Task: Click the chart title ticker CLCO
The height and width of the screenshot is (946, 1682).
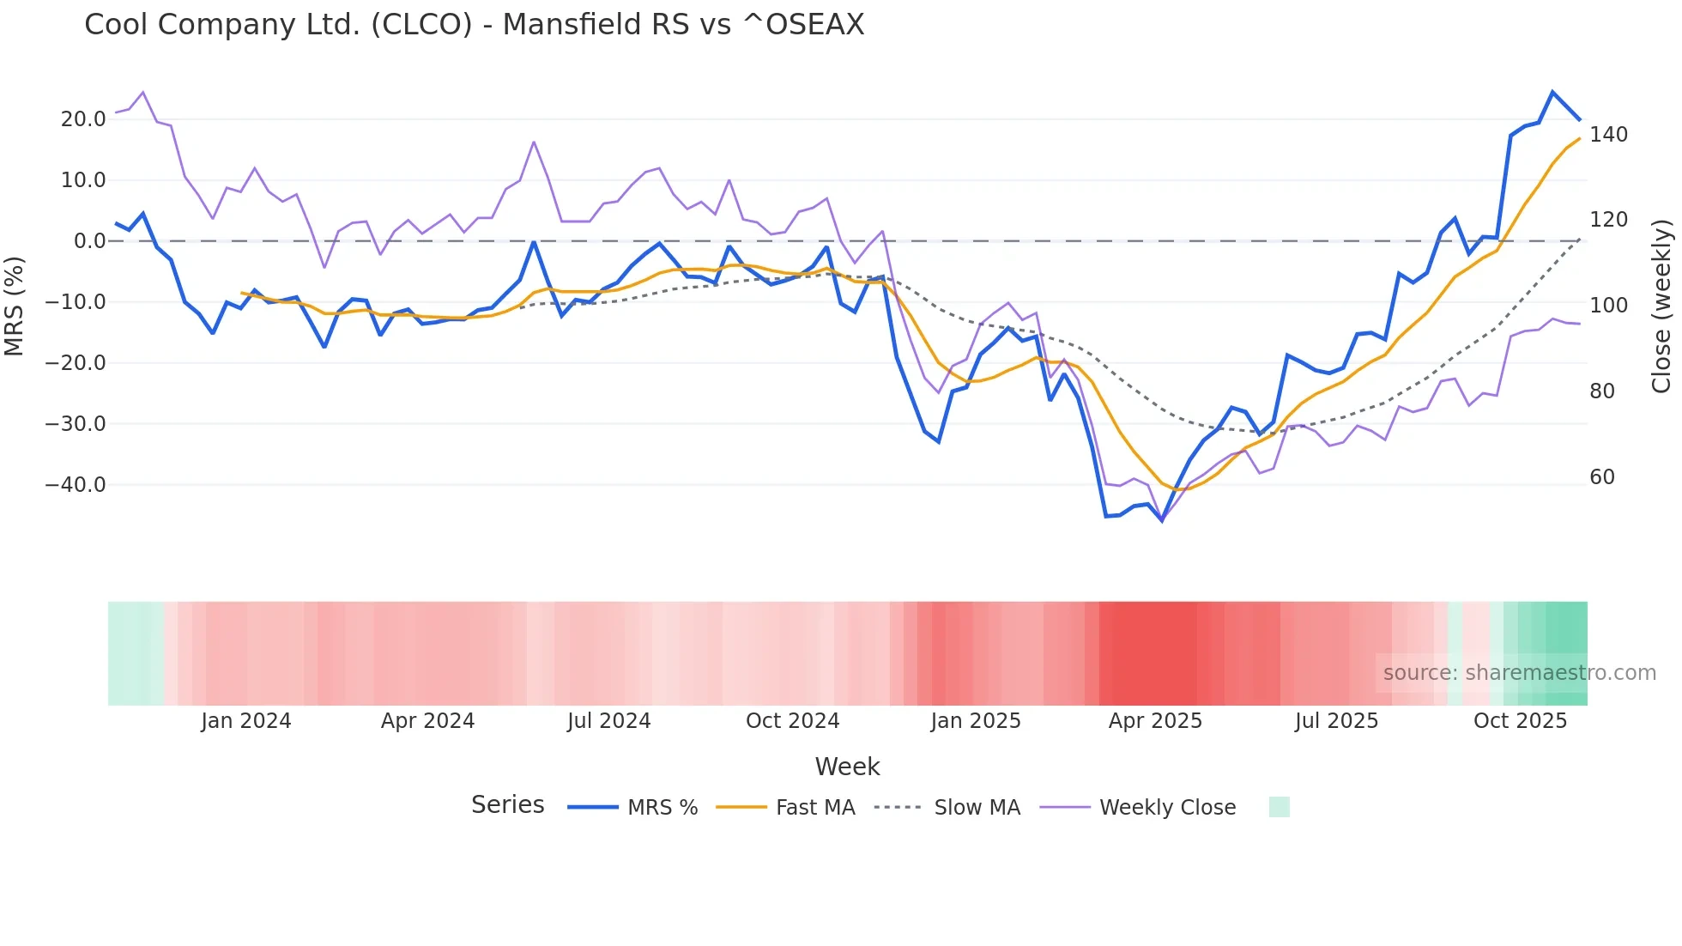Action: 421,25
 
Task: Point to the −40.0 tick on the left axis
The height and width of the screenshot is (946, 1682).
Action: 76,485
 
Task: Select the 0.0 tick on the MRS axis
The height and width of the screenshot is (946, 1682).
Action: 89,241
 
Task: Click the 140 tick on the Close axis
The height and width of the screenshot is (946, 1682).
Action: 1608,135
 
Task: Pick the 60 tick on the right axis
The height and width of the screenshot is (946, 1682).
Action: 1602,477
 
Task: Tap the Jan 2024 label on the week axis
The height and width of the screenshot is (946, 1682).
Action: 246,721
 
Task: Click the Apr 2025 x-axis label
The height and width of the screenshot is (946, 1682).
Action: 1155,721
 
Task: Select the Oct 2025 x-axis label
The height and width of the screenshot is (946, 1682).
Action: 1520,721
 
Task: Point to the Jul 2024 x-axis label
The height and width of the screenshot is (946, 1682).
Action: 608,721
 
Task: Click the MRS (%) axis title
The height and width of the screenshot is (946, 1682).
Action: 15,306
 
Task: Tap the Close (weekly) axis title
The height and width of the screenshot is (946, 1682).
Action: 1661,306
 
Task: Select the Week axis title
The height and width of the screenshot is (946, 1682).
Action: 847,767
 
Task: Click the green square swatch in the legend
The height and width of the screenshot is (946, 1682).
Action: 1279,807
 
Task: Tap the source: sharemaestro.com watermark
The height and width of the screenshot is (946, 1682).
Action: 1519,673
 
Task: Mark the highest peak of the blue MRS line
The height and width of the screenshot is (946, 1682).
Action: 1552,92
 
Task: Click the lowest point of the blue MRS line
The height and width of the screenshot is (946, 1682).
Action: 1162,520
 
